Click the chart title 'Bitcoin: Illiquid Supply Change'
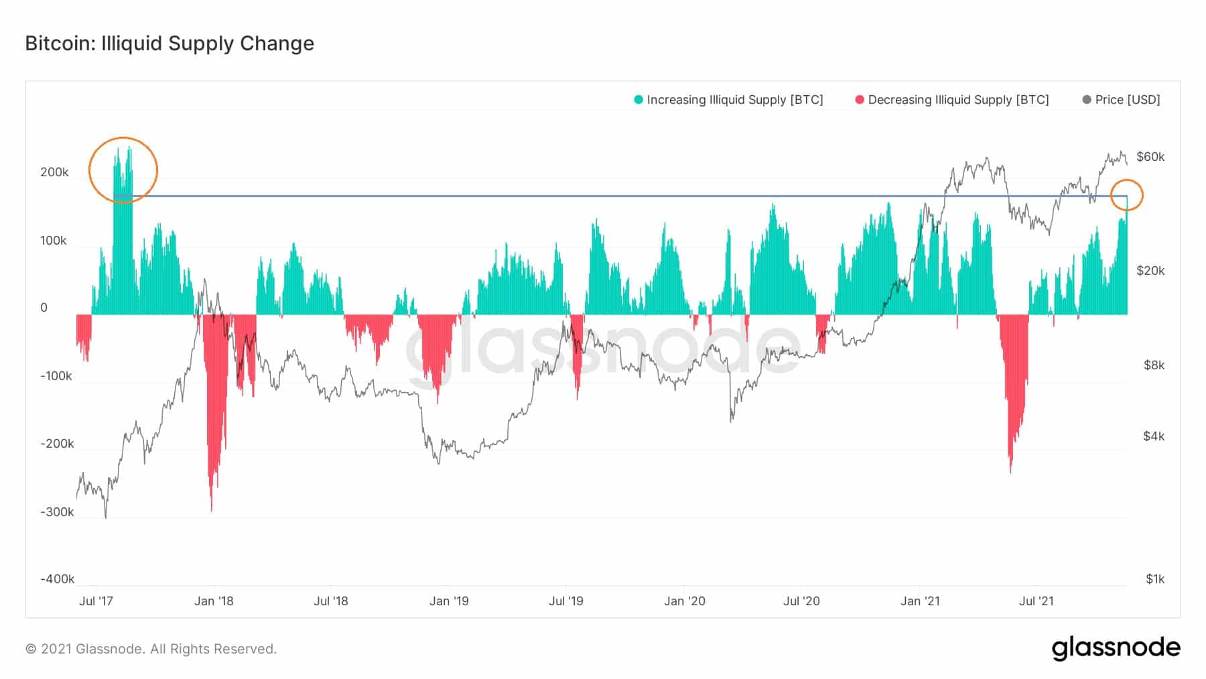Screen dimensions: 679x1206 (170, 44)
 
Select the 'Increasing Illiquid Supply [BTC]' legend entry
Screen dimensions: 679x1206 (728, 100)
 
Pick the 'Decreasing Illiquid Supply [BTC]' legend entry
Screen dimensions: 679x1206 (952, 100)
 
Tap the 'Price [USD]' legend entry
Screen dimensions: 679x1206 (1122, 100)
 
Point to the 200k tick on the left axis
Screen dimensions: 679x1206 (54, 172)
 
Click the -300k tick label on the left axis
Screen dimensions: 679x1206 (57, 512)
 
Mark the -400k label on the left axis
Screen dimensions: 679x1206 (57, 579)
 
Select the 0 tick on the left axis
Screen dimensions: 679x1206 (44, 308)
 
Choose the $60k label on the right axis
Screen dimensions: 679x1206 (1150, 157)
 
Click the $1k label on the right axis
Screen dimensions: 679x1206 (1154, 579)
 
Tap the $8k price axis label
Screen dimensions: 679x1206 (1154, 365)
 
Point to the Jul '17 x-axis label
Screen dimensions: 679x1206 (96, 601)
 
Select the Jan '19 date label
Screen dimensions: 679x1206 (449, 601)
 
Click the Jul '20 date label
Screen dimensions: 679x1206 (801, 601)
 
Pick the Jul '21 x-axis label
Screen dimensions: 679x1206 (1036, 601)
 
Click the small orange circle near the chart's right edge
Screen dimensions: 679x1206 (1127, 195)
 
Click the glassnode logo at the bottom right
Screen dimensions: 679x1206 (1116, 648)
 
